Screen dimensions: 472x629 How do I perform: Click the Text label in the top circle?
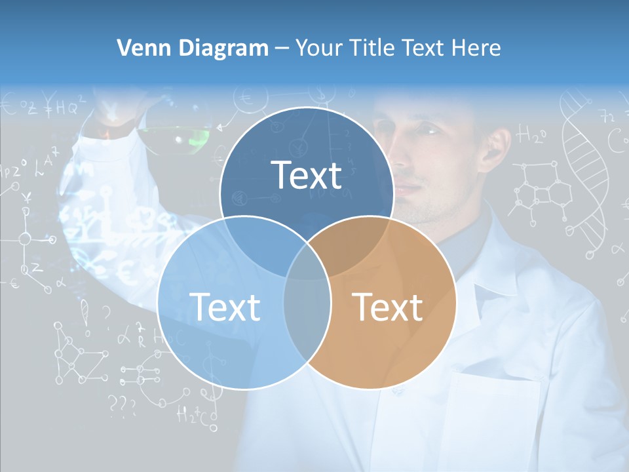(x=307, y=176)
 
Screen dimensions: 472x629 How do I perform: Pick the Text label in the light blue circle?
(x=225, y=307)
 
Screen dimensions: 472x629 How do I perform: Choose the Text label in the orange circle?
(x=387, y=307)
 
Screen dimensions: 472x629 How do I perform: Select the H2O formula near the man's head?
(x=530, y=136)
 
